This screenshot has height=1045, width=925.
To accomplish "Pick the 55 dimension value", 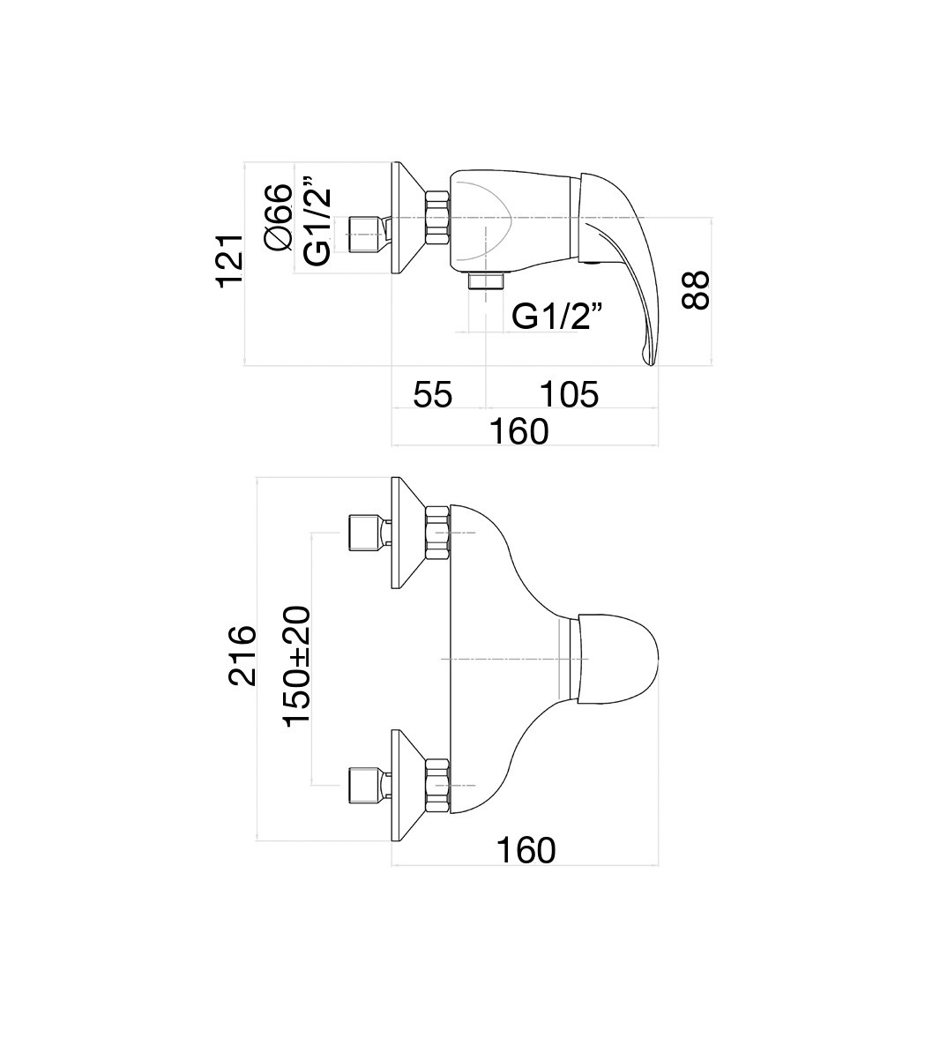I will (433, 394).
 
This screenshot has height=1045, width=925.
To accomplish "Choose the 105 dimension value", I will (569, 394).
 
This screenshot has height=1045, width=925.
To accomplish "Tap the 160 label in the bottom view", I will (526, 850).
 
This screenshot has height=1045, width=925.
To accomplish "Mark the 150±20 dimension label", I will (297, 666).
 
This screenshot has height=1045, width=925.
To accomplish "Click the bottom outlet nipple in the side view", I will (486, 281).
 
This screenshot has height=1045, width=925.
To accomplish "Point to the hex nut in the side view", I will (438, 218).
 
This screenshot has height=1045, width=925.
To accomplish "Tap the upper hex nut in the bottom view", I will (437, 533).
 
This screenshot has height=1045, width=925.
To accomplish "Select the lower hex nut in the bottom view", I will (437, 785).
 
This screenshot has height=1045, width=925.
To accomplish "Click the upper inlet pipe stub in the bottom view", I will (363, 532).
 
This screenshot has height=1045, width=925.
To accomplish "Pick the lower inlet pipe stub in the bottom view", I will (363, 784).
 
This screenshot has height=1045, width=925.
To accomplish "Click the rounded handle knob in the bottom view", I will (622, 658).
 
